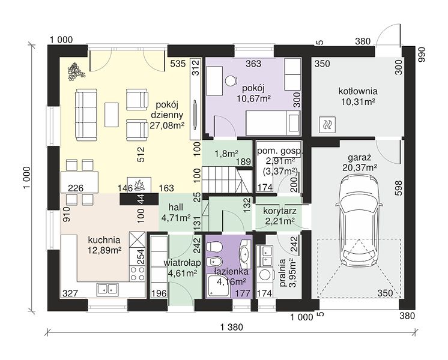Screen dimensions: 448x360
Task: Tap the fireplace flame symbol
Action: (x=139, y=185)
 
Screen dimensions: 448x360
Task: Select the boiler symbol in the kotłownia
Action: (x=327, y=125)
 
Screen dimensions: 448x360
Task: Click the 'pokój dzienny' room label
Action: (x=166, y=115)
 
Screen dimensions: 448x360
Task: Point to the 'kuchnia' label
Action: (x=104, y=240)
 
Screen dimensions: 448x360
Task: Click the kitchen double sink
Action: (x=107, y=289)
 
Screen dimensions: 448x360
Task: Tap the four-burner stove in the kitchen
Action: (x=138, y=273)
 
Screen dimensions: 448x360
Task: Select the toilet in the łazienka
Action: (x=214, y=246)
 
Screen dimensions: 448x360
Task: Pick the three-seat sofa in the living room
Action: (x=86, y=115)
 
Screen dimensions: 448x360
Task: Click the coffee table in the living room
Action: (x=112, y=115)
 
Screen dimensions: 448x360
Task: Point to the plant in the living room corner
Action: (x=76, y=71)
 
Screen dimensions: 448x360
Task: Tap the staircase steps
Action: (x=219, y=180)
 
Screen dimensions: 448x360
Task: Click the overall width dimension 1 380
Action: (x=231, y=327)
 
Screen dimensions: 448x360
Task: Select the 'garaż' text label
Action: (x=359, y=158)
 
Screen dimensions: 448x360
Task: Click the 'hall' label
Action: (x=176, y=208)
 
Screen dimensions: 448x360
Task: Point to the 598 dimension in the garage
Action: (x=399, y=188)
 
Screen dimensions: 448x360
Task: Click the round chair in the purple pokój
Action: (x=231, y=81)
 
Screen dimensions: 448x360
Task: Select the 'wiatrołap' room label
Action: (x=182, y=263)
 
